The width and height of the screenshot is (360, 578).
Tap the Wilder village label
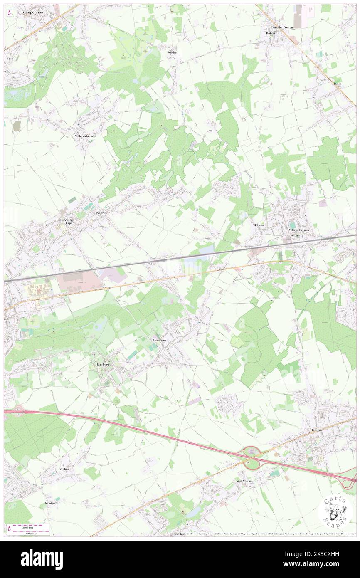(172, 52)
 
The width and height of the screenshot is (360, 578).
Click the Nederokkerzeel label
(85, 136)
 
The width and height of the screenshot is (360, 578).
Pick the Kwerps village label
(101, 212)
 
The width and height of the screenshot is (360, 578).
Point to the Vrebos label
(64, 469)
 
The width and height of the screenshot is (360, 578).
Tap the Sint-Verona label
(244, 481)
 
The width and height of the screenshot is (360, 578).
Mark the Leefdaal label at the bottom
(178, 534)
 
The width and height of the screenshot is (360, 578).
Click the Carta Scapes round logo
(335, 511)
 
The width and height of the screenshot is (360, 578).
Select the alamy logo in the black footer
(42, 559)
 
